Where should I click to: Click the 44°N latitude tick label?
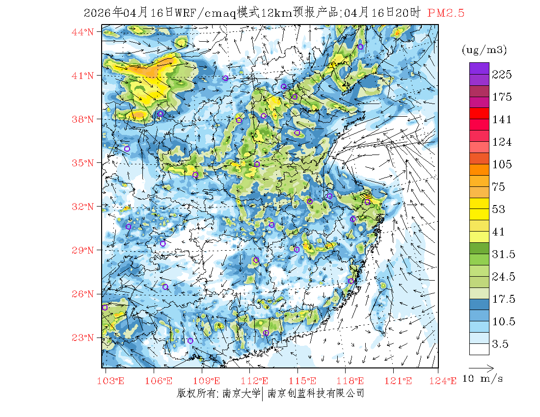[83, 32]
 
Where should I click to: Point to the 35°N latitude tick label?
[83, 163]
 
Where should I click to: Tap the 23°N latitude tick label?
[83, 338]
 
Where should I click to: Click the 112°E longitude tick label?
[258, 381]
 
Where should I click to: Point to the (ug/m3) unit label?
[484, 50]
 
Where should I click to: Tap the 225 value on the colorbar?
[502, 75]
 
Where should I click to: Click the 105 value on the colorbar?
[502, 164]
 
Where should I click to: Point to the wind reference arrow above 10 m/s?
[481, 367]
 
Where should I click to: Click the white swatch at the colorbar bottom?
[479, 349]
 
